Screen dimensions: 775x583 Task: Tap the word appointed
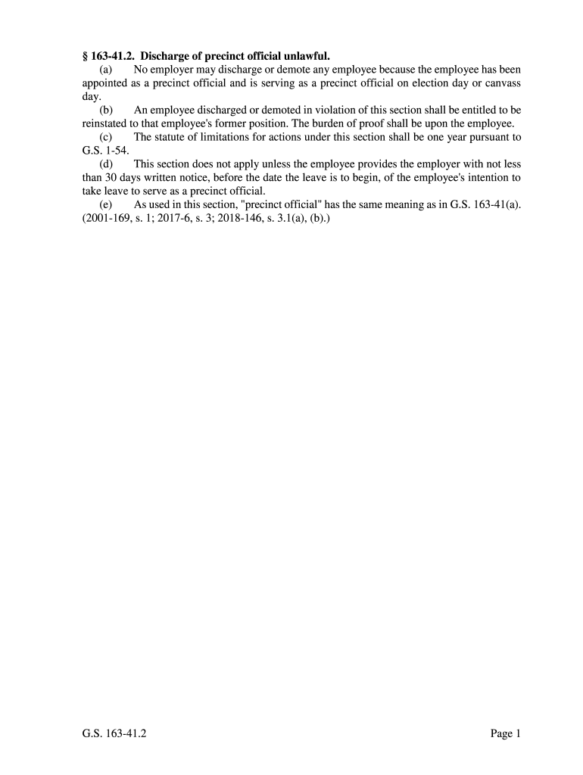click(x=107, y=82)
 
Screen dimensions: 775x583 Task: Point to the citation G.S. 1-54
click(x=105, y=151)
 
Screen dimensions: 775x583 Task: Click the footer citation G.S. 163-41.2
click(x=114, y=733)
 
